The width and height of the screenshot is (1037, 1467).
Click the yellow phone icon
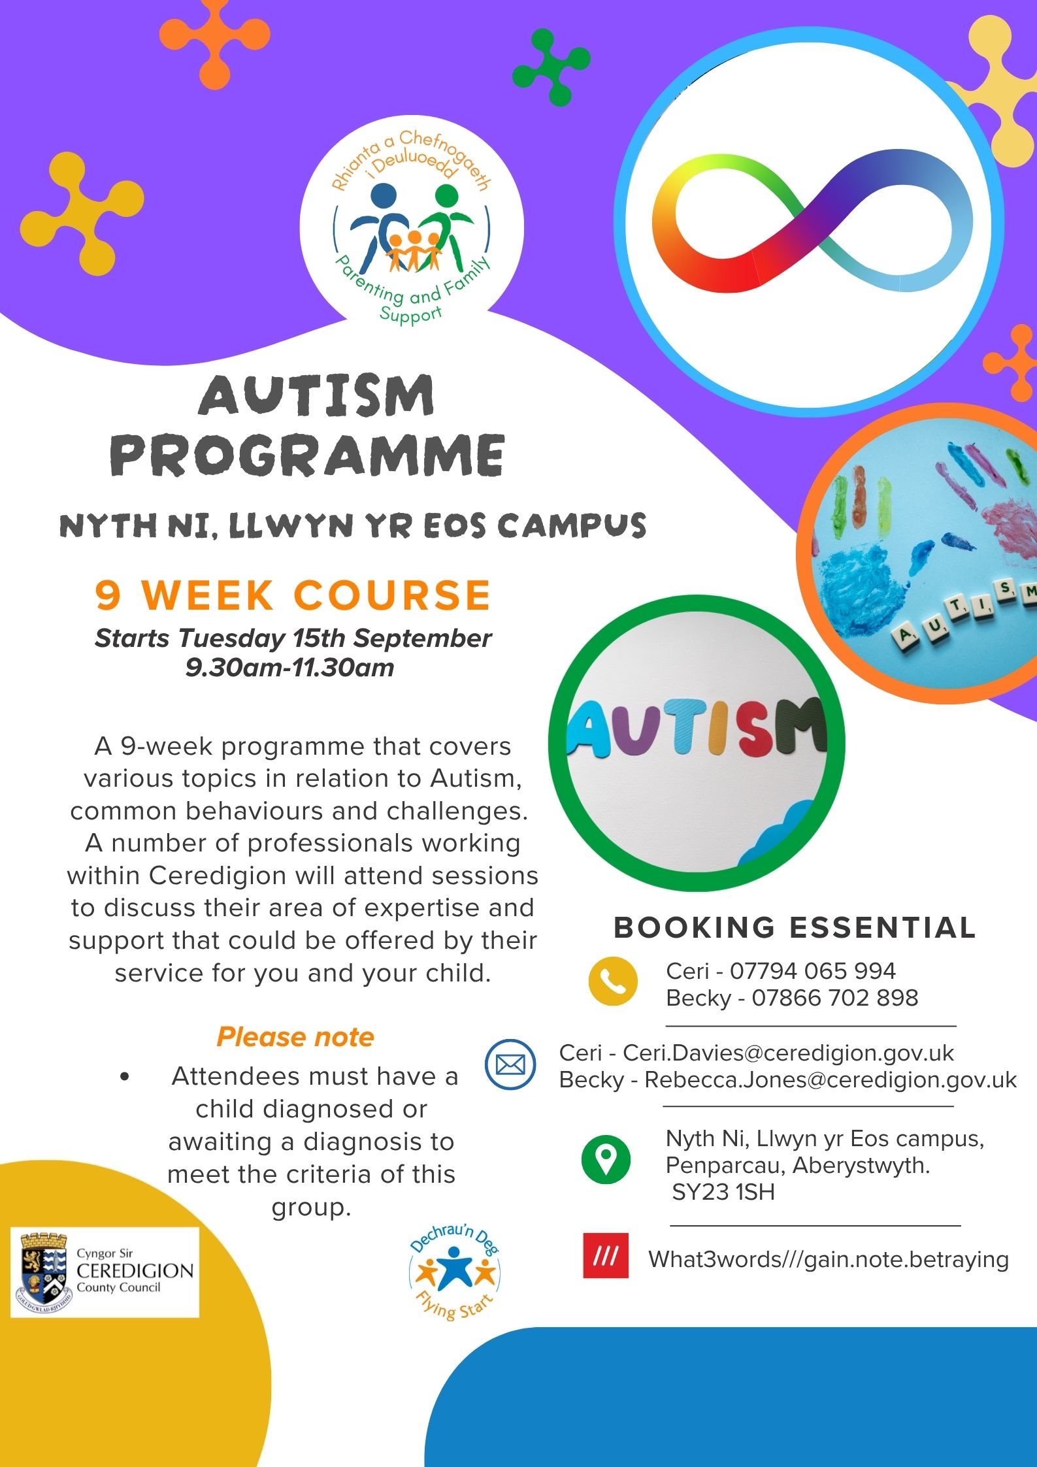612,981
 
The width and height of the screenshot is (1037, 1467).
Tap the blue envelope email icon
510,1064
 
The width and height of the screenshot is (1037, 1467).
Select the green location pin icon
606,1159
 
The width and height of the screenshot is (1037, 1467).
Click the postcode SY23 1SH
723,1192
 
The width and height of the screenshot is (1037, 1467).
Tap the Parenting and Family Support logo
412,226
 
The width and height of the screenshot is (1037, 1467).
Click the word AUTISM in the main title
316,395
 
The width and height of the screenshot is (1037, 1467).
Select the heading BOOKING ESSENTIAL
795,927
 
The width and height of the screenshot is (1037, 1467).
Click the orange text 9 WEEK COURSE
293,595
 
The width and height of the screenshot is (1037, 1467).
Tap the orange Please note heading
295,1037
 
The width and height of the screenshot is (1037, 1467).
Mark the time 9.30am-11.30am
290,668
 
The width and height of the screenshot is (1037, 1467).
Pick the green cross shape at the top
551,67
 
